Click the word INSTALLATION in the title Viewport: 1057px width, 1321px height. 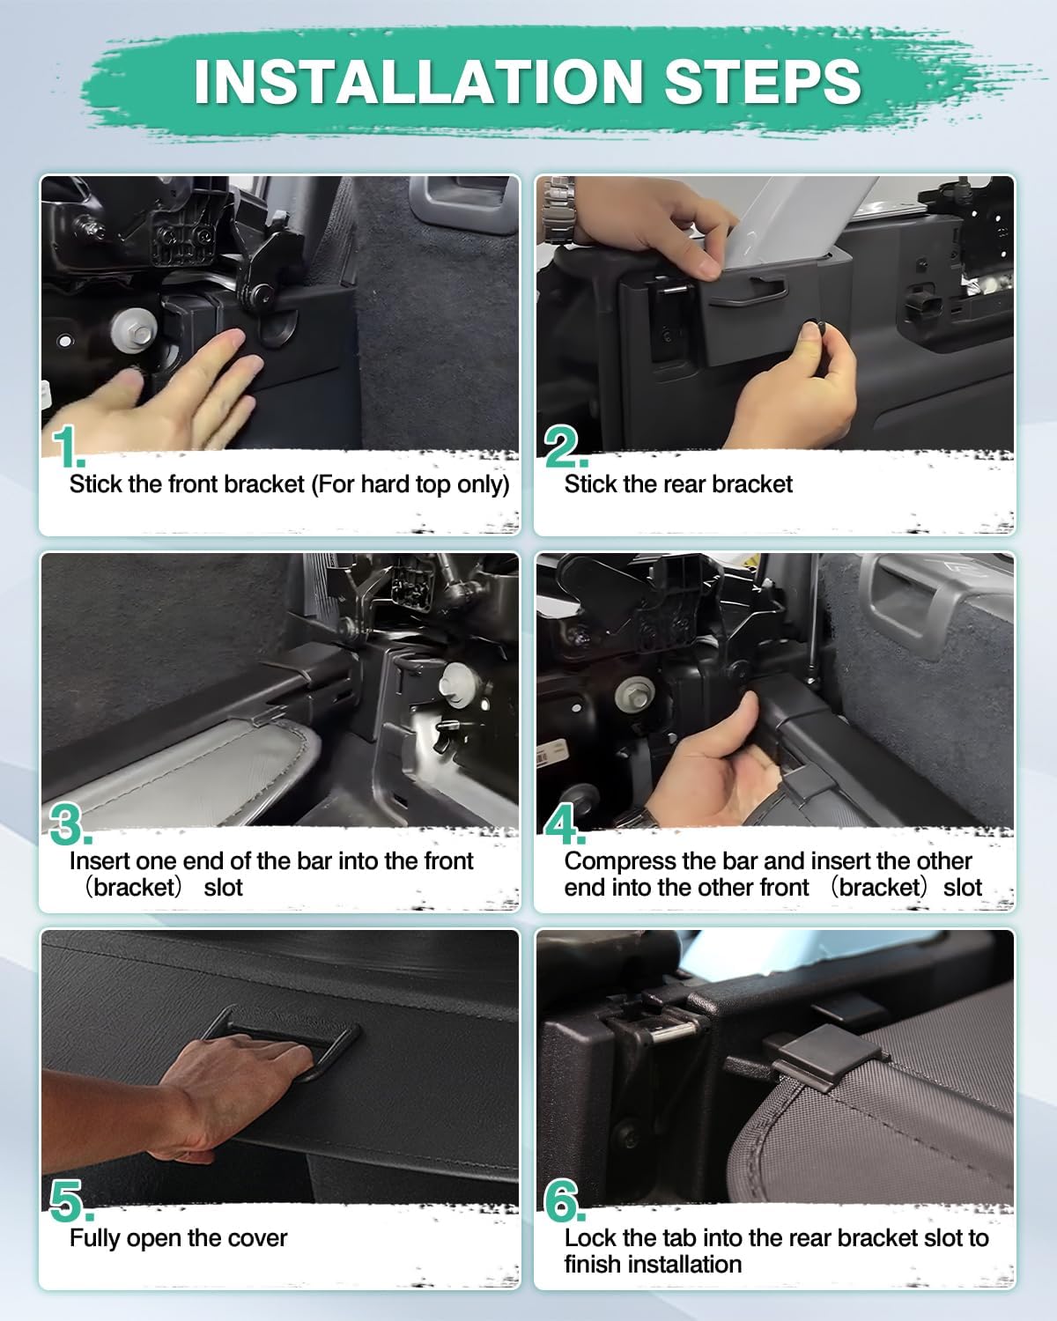tap(418, 82)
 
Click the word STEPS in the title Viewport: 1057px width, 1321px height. tap(763, 82)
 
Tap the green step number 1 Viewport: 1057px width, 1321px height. tap(68, 446)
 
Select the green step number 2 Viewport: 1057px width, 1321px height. tap(565, 446)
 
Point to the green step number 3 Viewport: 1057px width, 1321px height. tap(70, 823)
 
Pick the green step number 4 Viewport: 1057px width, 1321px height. tap(565, 823)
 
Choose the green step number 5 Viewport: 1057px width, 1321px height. tap(71, 1200)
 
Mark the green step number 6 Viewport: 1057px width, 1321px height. tap(565, 1200)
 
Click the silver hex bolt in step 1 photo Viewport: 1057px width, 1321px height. tap(135, 332)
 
